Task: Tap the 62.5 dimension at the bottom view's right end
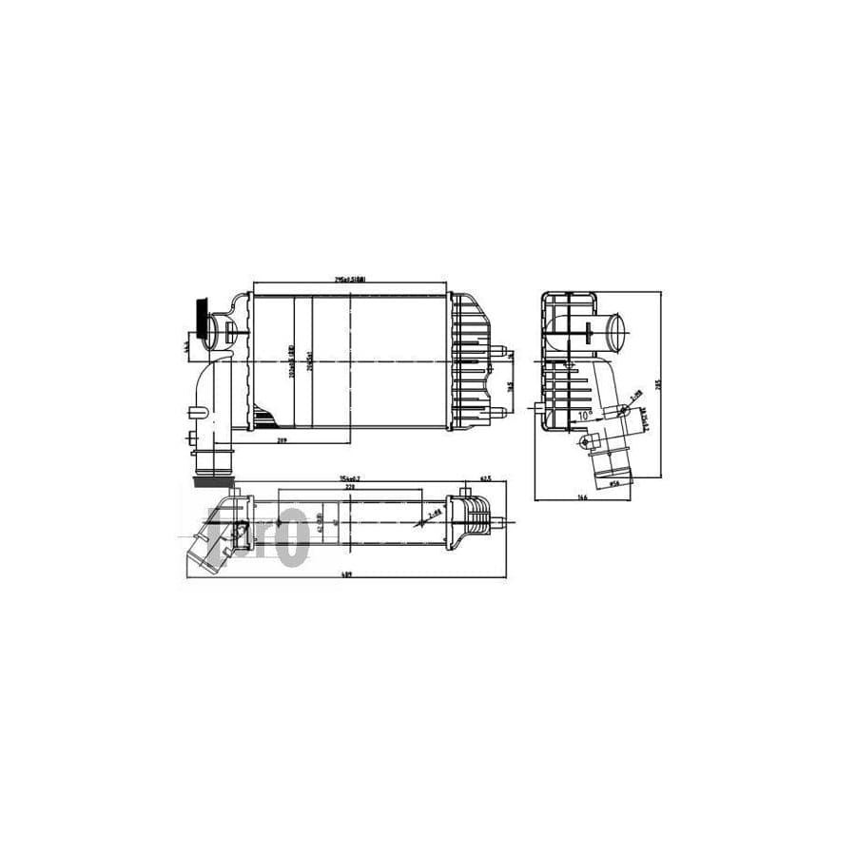pos(484,478)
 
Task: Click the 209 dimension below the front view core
pos(282,440)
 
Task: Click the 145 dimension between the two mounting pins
pos(510,385)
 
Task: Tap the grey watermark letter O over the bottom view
pos(293,537)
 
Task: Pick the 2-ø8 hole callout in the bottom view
pos(434,514)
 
